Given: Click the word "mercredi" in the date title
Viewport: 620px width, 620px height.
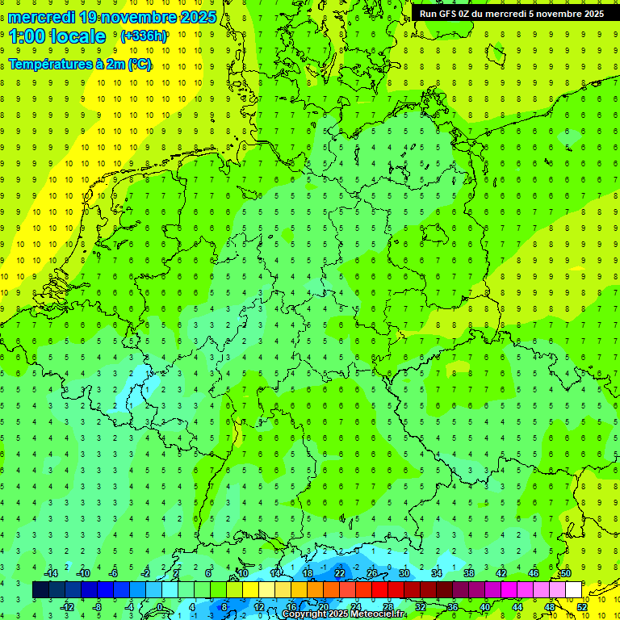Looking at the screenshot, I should click(x=43, y=17).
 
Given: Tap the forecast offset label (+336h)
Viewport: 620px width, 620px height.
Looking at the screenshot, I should click(x=144, y=36).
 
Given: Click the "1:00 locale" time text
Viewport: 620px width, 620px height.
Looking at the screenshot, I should click(x=57, y=36).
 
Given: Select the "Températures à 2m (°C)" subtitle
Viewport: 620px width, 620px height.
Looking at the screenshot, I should click(x=80, y=65).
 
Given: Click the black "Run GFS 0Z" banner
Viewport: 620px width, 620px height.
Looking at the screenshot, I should click(x=511, y=13).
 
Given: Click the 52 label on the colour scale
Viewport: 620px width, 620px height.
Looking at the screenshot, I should click(x=582, y=606).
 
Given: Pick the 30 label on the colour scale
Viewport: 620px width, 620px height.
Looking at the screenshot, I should click(x=404, y=573).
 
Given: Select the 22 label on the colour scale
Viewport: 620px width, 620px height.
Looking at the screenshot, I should click(x=340, y=573).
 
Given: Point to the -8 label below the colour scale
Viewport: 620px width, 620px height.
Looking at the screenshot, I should click(x=98, y=606).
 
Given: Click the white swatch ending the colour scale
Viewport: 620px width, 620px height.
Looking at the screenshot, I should click(x=574, y=589).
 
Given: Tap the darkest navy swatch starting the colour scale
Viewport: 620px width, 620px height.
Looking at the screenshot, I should click(x=40, y=589).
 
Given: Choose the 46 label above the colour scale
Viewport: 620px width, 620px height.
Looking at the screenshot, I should click(x=534, y=573).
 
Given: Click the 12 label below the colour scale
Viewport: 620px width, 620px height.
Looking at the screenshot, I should click(x=259, y=606).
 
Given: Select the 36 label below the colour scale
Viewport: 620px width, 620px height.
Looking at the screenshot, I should click(x=453, y=606).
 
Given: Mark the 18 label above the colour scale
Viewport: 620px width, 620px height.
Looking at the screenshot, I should click(x=308, y=573).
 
